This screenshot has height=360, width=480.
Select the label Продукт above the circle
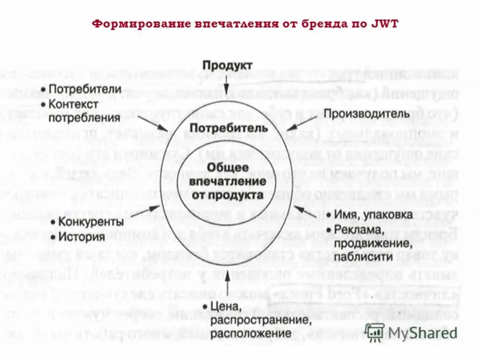227,65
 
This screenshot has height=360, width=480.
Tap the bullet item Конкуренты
90,222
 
